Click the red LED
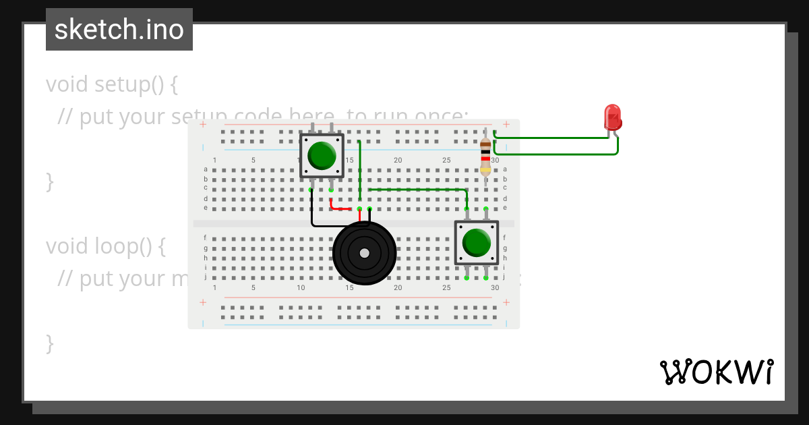(612, 117)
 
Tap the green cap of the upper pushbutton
(322, 155)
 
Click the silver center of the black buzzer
(364, 253)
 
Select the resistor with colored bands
(485, 156)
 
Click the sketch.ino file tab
(119, 30)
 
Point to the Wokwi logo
(716, 372)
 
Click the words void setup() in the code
(111, 85)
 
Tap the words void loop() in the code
(105, 246)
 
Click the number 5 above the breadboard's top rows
(253, 160)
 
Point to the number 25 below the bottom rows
(446, 288)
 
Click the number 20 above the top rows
(398, 160)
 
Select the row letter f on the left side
(206, 237)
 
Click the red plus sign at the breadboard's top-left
(203, 124)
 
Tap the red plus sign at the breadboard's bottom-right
(506, 303)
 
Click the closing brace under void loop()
(49, 343)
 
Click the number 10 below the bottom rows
(301, 288)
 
